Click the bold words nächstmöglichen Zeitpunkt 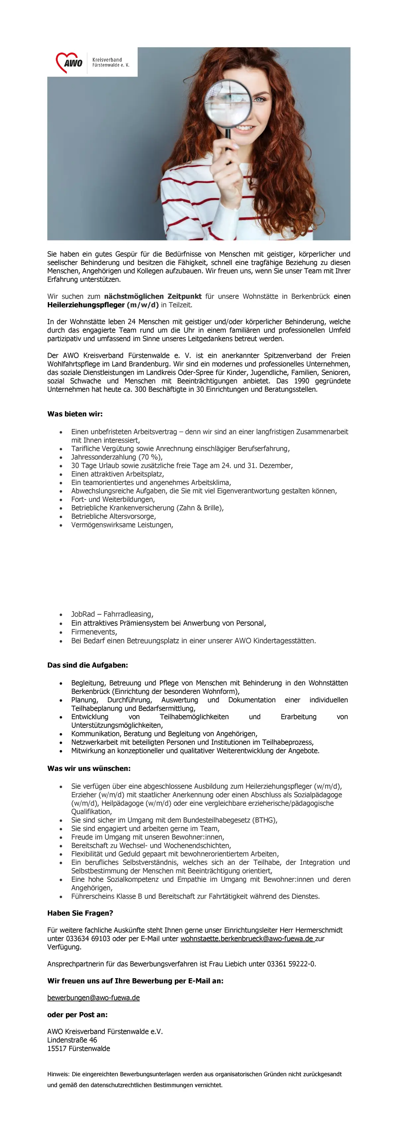point(153,296)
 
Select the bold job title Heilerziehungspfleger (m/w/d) point(103,304)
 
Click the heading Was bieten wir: point(75,414)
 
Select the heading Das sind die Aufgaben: point(87,665)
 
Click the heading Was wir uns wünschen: point(89,769)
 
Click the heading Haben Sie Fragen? point(80,913)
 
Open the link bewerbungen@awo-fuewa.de point(94,997)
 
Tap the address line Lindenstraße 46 point(72,1040)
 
